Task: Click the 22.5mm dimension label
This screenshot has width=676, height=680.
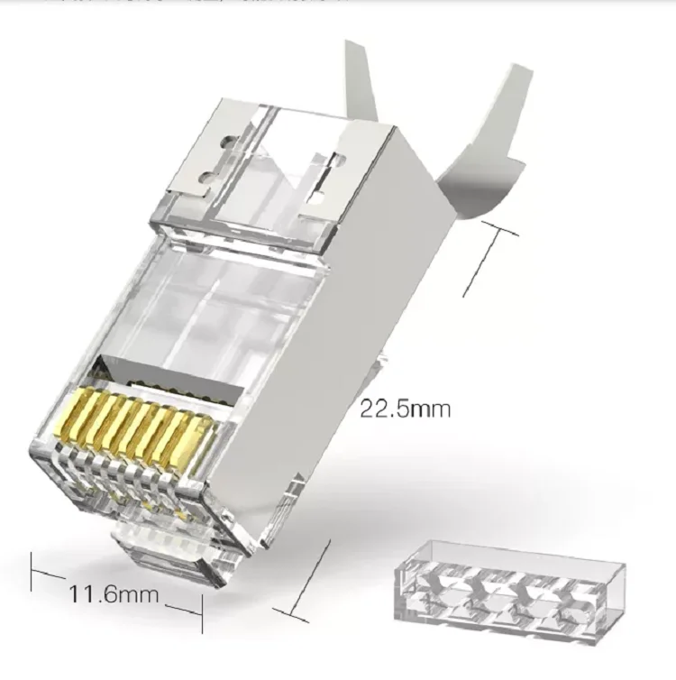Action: click(x=405, y=409)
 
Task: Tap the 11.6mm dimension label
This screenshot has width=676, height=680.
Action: click(x=113, y=594)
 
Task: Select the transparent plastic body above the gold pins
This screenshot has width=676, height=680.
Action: click(x=198, y=307)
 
